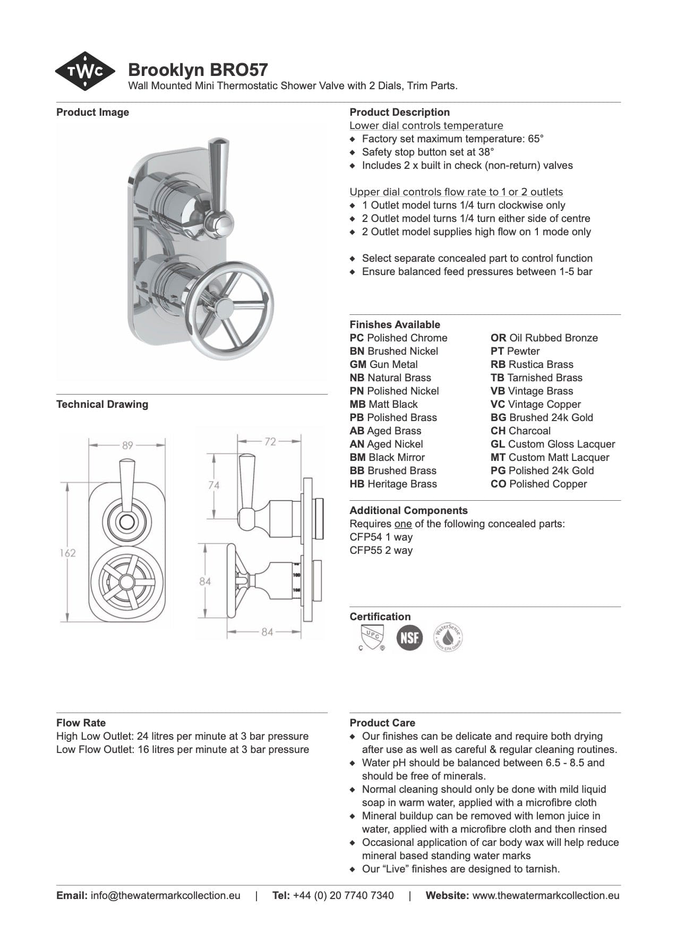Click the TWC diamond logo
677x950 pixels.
pyautogui.click(x=85, y=71)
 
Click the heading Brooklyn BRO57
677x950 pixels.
pyautogui.click(x=198, y=70)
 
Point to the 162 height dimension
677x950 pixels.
pyautogui.click(x=67, y=553)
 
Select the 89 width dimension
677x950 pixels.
pyautogui.click(x=127, y=445)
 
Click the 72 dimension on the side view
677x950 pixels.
pyautogui.click(x=270, y=441)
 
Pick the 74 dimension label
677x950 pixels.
pyautogui.click(x=213, y=485)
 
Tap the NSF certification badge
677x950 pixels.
pyautogui.click(x=410, y=637)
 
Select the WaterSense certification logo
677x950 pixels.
pyautogui.click(x=448, y=637)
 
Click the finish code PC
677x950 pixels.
pyautogui.click(x=356, y=338)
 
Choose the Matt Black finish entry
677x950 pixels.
pyautogui.click(x=383, y=404)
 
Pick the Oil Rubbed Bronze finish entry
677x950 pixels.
pyautogui.click(x=544, y=338)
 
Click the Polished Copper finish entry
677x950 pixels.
pyautogui.click(x=538, y=484)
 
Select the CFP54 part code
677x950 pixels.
pyautogui.click(x=365, y=537)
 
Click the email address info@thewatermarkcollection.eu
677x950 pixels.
pyautogui.click(x=165, y=895)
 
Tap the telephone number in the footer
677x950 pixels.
pyautogui.click(x=343, y=895)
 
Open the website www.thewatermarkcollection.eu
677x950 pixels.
pyautogui.click(x=545, y=895)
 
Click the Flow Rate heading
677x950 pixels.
pyautogui.click(x=81, y=723)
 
